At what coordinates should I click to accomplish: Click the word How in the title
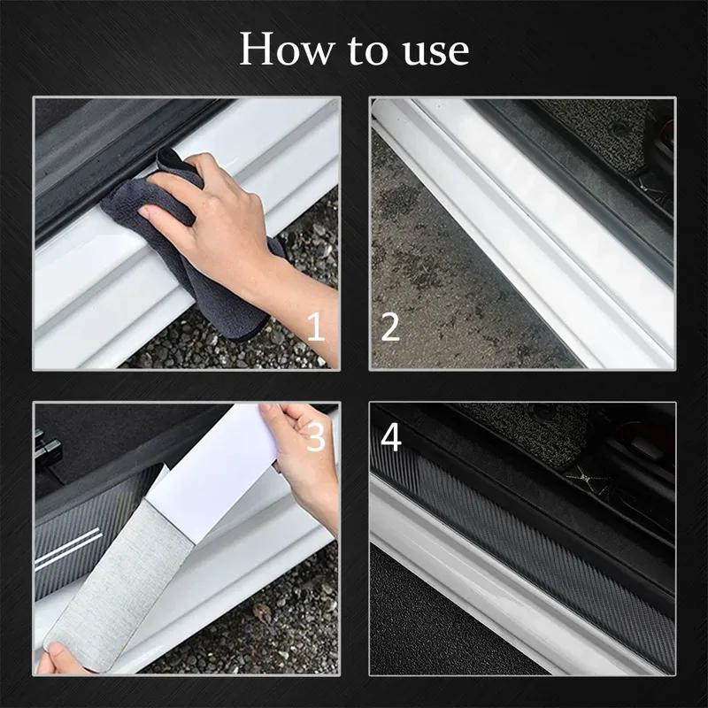[286, 50]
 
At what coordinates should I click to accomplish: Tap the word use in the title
[429, 51]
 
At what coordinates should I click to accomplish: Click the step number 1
[316, 327]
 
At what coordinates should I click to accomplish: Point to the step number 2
[390, 327]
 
